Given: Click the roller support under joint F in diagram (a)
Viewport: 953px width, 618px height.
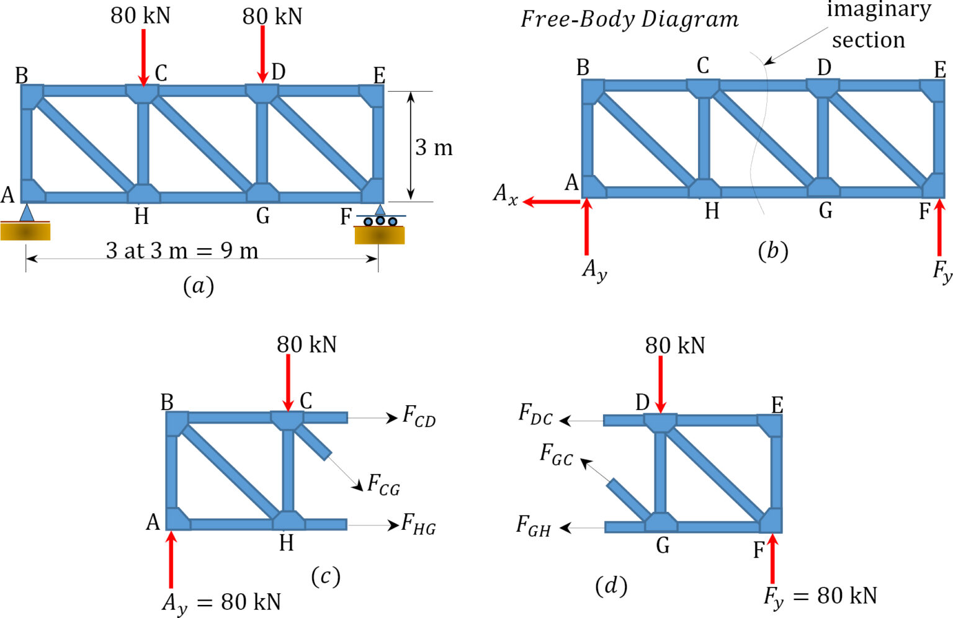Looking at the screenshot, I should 380,220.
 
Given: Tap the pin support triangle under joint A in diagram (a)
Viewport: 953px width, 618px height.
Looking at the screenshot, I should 26,213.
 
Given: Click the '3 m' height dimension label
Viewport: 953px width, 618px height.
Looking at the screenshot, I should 434,148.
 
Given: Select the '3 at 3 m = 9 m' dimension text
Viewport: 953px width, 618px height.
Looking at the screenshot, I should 182,251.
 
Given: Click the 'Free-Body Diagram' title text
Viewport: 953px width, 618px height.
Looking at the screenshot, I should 629,19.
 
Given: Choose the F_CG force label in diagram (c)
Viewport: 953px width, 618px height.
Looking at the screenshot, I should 383,484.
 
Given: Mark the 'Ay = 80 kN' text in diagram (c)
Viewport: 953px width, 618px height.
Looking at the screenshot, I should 221,602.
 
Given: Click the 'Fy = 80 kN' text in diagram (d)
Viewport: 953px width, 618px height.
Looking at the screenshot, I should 820,596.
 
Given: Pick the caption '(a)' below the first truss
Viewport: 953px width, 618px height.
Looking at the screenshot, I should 199,285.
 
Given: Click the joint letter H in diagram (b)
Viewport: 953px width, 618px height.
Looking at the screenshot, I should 712,212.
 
